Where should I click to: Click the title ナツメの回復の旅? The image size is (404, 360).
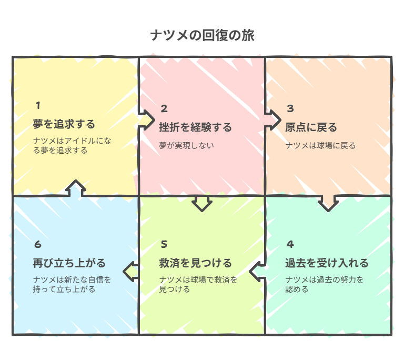click(x=202, y=36)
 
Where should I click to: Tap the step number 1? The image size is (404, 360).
click(x=38, y=105)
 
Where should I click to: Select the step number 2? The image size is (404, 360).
click(x=164, y=109)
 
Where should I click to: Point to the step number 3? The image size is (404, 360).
click(x=290, y=109)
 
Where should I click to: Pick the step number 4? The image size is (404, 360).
click(x=290, y=244)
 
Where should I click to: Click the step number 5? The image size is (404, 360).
click(x=164, y=244)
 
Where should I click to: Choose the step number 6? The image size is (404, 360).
click(x=38, y=244)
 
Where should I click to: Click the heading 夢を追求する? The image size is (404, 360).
click(x=64, y=125)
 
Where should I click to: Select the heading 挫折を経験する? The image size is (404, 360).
click(x=195, y=128)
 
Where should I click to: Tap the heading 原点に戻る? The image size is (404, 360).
click(x=311, y=128)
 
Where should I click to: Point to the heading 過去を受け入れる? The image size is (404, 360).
click(x=327, y=263)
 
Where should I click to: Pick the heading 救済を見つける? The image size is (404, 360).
click(x=195, y=263)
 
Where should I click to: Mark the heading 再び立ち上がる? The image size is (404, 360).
click(x=69, y=263)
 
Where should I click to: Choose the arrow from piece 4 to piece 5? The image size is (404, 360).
click(x=257, y=272)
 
